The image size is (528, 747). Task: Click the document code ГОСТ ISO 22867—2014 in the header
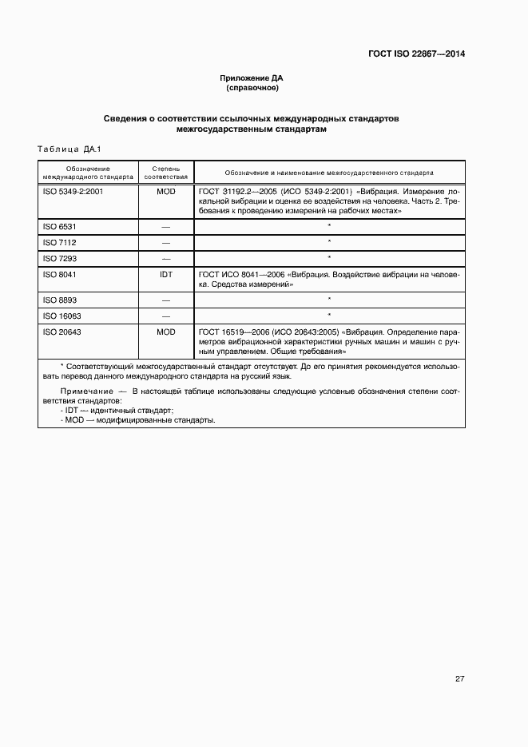[416, 54]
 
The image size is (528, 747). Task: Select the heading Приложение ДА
[252, 78]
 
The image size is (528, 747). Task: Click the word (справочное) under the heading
[252, 88]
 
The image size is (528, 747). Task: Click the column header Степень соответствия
[166, 173]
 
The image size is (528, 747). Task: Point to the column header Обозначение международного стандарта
[88, 173]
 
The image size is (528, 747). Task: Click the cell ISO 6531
[60, 227]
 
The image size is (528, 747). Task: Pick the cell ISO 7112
[60, 242]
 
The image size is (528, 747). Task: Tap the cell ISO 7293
[60, 257]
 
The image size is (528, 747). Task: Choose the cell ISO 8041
[60, 273]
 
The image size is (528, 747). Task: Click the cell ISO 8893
[60, 300]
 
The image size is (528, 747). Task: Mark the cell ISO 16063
[62, 315]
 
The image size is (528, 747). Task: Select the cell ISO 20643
[62, 331]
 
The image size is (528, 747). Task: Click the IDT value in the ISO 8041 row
[166, 273]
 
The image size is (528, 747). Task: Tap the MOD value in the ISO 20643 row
[166, 331]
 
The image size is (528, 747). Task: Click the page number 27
[460, 679]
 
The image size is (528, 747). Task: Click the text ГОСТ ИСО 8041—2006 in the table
[240, 273]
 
